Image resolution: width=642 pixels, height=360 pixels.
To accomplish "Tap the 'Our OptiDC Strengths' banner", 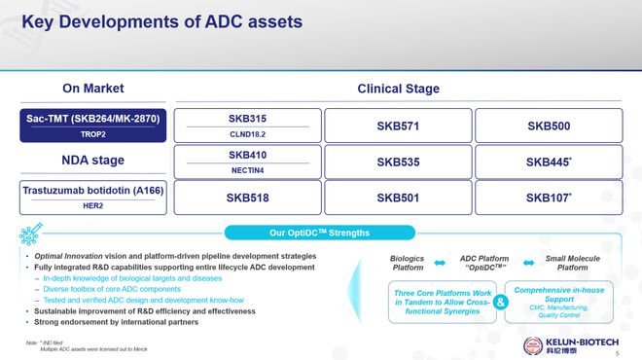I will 321,233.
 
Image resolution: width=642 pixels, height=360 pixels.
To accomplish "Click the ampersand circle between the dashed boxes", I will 500,302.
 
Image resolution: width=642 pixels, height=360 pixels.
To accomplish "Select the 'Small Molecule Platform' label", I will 572,262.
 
